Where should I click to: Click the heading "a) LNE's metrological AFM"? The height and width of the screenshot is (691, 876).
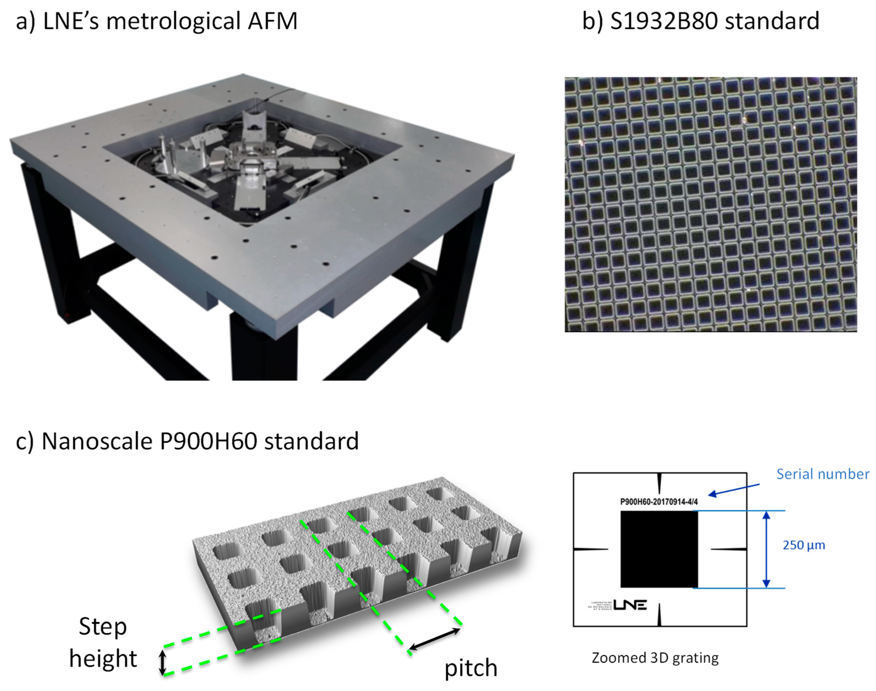click(x=157, y=21)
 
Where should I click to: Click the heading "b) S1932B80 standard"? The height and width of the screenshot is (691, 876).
click(x=700, y=21)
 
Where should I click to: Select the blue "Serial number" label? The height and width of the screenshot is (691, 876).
click(x=822, y=474)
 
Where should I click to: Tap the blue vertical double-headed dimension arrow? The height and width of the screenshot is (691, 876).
click(x=766, y=549)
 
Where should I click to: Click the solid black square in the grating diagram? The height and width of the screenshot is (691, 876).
click(x=659, y=549)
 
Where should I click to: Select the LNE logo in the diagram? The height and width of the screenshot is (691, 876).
click(x=630, y=605)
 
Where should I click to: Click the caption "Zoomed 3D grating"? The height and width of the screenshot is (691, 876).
click(x=655, y=658)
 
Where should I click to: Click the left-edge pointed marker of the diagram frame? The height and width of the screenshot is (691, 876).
click(x=591, y=549)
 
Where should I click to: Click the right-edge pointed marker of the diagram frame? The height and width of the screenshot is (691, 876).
click(x=728, y=549)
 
